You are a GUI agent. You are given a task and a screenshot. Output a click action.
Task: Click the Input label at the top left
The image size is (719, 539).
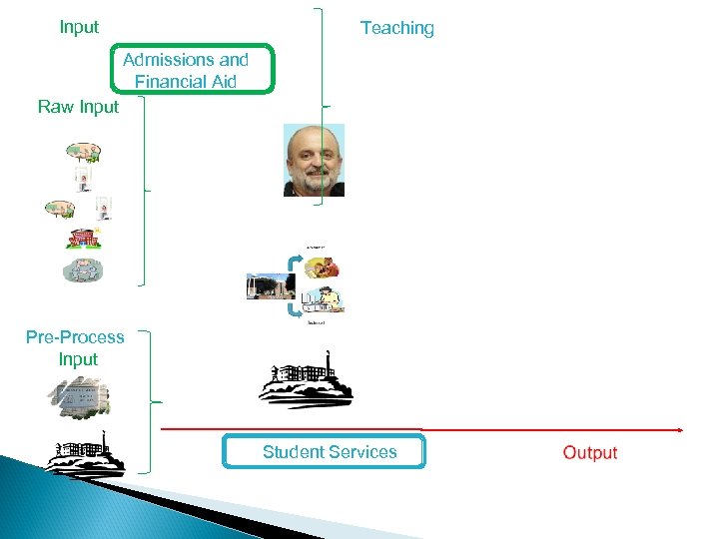click(x=79, y=27)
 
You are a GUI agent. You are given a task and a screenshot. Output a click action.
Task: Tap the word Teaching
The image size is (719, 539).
click(x=396, y=28)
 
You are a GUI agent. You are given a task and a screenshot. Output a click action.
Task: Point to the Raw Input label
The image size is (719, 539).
click(x=78, y=107)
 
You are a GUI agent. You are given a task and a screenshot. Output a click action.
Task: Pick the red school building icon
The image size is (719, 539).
click(x=83, y=239)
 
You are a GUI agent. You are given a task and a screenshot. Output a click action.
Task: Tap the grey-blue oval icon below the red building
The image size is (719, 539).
click(x=82, y=269)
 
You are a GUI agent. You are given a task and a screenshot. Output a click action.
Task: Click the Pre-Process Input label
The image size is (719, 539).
click(x=76, y=348)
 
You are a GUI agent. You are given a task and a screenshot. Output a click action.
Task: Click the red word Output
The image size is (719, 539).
click(x=589, y=452)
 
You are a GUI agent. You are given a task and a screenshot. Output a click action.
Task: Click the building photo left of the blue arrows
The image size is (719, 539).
click(x=270, y=285)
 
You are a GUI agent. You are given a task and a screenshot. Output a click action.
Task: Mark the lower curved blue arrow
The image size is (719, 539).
click(x=296, y=308)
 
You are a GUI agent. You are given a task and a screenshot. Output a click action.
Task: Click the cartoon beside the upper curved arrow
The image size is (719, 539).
click(x=322, y=267)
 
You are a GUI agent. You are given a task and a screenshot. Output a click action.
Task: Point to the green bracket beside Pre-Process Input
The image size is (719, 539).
click(x=147, y=401)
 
